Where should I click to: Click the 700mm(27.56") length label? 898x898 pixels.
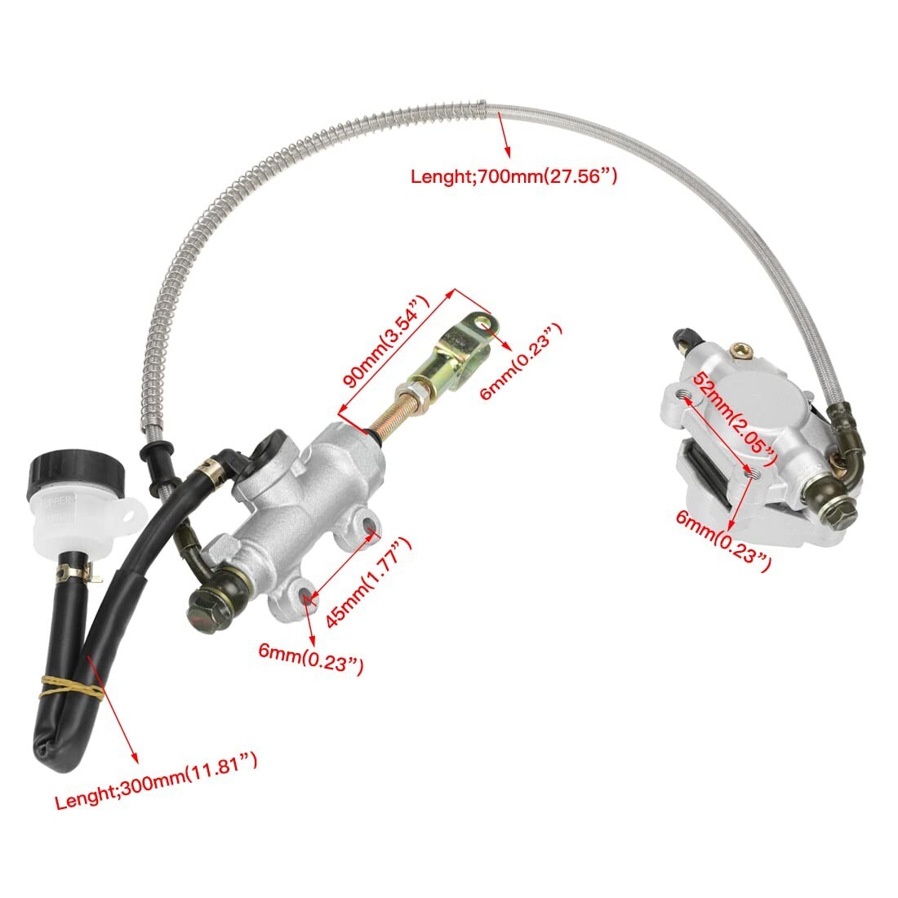(513, 175)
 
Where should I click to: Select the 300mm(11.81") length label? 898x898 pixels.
(157, 782)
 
